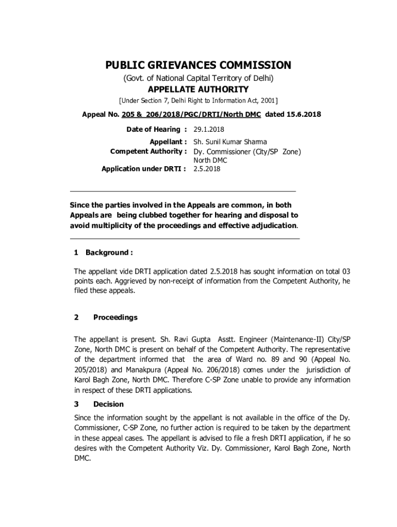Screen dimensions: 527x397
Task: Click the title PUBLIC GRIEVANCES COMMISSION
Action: click(x=198, y=65)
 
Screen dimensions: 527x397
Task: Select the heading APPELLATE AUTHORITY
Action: click(x=198, y=90)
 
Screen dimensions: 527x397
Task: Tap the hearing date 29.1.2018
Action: click(x=209, y=129)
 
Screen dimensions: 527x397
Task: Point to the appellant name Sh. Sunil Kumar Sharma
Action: click(x=230, y=142)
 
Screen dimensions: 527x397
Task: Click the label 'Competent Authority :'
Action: click(x=148, y=151)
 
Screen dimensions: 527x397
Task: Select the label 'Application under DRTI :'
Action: click(x=144, y=168)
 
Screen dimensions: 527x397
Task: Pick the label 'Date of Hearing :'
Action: click(x=156, y=129)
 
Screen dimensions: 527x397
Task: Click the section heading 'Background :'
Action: click(x=109, y=252)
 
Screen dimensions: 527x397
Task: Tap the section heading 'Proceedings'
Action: click(x=115, y=317)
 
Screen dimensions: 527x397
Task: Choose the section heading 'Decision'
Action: click(x=108, y=405)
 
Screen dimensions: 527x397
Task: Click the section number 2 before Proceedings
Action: click(x=76, y=317)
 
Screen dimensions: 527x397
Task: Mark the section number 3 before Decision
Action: click(x=76, y=405)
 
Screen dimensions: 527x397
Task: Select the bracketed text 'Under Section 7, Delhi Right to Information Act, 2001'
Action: click(x=198, y=100)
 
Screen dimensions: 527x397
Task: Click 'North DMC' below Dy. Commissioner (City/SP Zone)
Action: click(x=210, y=160)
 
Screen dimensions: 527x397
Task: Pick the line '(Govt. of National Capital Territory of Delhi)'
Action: click(x=198, y=78)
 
